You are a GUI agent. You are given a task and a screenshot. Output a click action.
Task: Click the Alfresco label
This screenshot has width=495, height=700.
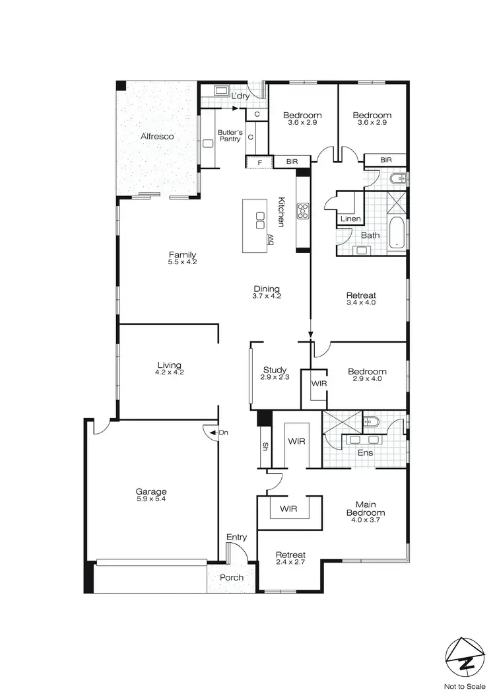[x=157, y=137]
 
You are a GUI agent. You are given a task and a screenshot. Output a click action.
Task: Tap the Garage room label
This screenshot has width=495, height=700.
[x=151, y=491]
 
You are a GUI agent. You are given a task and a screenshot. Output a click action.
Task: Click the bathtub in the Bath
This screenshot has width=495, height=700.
[x=396, y=234]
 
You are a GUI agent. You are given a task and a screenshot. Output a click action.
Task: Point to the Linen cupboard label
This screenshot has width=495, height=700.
[x=350, y=219]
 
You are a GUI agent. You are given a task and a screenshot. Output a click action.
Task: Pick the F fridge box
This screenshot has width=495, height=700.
[x=260, y=161]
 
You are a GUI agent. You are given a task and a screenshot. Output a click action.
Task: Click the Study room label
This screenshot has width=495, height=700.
[x=273, y=370]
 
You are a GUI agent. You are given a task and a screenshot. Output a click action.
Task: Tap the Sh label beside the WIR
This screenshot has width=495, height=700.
[x=265, y=446]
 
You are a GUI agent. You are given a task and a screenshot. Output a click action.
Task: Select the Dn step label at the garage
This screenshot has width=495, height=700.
[x=223, y=433]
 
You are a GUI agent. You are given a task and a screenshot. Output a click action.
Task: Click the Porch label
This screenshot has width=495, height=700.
[x=232, y=578]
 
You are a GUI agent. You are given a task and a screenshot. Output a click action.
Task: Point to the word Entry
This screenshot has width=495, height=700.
[x=236, y=538]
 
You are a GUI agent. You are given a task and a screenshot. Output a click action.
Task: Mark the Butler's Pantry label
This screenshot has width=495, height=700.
[x=230, y=136]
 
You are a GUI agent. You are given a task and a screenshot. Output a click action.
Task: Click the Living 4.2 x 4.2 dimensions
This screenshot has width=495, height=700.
[x=169, y=373]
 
